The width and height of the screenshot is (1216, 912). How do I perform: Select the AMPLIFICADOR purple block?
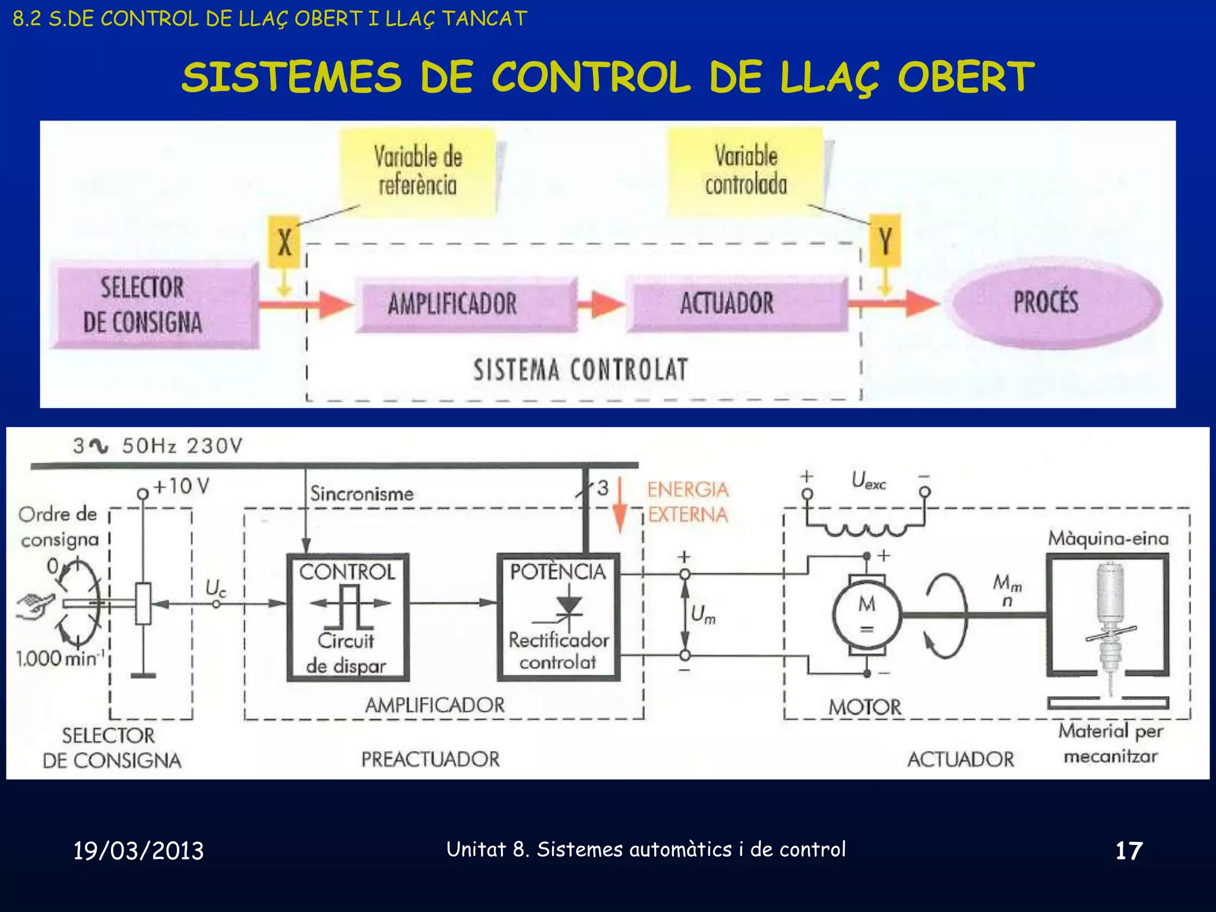(465, 304)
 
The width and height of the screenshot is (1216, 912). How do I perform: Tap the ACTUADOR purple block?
(737, 303)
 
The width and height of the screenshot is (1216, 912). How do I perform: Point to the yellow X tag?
(284, 242)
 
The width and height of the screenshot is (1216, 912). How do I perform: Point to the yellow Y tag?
(885, 242)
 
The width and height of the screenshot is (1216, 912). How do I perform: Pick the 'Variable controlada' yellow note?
(746, 171)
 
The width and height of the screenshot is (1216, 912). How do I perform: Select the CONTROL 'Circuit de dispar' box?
(348, 617)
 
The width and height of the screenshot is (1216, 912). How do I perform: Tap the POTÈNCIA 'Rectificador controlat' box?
(558, 617)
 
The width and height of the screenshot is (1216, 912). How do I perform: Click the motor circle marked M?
(867, 615)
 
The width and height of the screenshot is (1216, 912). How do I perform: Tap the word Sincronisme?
(362, 494)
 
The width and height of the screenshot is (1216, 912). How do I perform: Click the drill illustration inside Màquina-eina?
(1108, 623)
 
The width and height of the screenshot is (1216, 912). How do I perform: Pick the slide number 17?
(1128, 851)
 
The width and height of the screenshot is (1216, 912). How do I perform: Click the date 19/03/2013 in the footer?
(138, 851)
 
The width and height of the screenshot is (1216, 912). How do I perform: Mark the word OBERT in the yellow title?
(965, 77)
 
